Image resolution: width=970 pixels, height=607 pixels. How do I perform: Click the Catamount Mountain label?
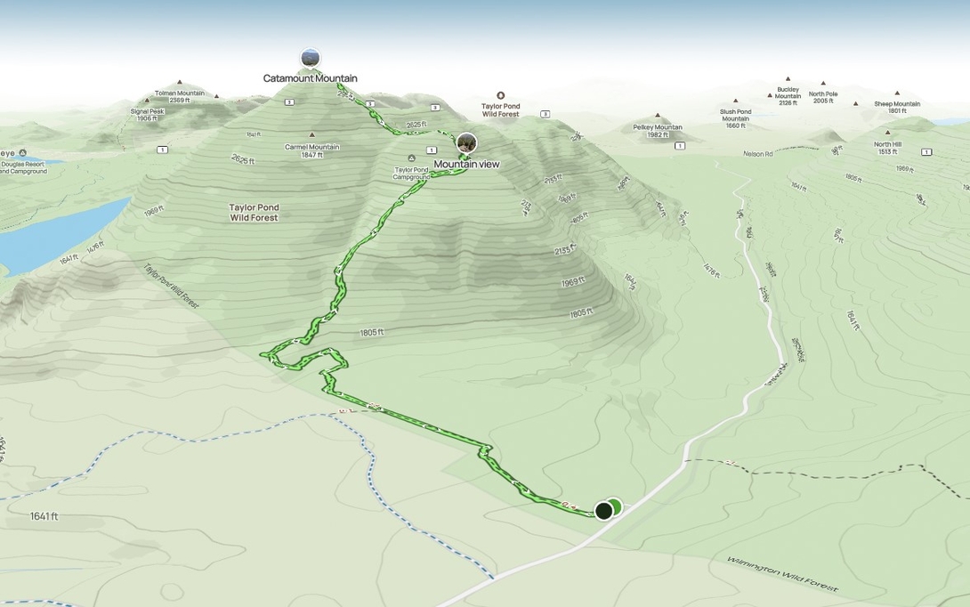click(x=310, y=78)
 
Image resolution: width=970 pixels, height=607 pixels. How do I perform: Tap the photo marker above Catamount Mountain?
click(x=310, y=59)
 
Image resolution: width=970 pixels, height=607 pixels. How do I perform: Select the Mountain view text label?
click(x=466, y=165)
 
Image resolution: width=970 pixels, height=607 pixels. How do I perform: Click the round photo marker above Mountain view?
click(x=466, y=142)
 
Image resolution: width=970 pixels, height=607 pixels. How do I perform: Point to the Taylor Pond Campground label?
click(x=411, y=173)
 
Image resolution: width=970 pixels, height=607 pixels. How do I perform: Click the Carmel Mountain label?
click(x=311, y=150)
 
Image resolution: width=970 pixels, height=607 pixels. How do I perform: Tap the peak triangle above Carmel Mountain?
click(x=311, y=135)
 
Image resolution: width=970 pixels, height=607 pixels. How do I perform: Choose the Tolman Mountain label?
click(x=179, y=96)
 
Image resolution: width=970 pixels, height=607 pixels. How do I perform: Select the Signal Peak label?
click(x=147, y=115)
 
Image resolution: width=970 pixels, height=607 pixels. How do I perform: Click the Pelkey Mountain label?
click(x=658, y=130)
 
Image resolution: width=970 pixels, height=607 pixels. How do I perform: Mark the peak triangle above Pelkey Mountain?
click(x=658, y=116)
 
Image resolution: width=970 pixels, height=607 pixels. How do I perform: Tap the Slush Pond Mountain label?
click(x=735, y=118)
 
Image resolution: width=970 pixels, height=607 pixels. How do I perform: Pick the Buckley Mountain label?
click(x=788, y=96)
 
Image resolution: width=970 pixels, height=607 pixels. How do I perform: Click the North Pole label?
click(x=823, y=97)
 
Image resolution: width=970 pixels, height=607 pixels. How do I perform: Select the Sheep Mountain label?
click(x=897, y=107)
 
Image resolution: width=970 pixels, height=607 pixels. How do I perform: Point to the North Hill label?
click(x=887, y=148)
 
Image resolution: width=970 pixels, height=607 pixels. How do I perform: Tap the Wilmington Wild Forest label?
click(x=782, y=574)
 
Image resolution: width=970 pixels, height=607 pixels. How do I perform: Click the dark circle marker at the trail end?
click(x=603, y=510)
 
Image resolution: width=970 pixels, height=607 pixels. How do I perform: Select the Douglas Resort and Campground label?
click(x=23, y=167)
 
